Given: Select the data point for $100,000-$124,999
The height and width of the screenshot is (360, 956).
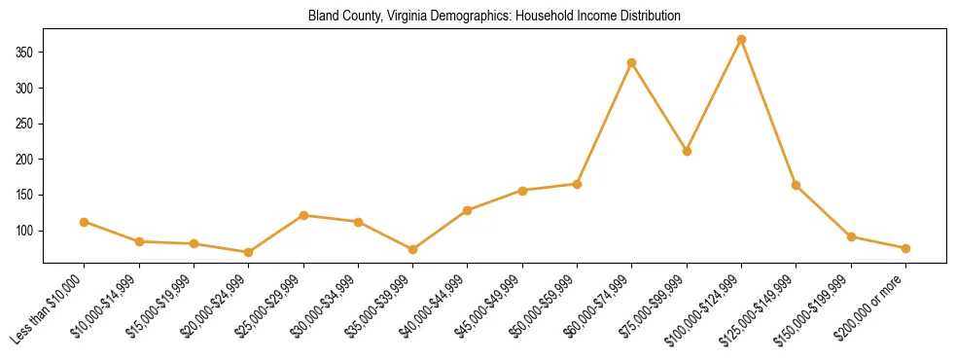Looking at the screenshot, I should (x=741, y=40).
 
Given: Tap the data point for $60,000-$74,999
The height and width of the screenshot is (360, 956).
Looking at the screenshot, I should (x=632, y=62).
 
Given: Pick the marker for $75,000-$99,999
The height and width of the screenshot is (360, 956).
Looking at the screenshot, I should (x=687, y=151).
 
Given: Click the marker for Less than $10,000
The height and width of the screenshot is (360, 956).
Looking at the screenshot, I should (x=85, y=222).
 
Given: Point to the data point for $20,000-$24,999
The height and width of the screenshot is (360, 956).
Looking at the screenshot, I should (x=249, y=252).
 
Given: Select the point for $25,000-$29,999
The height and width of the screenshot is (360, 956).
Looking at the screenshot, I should (x=303, y=215).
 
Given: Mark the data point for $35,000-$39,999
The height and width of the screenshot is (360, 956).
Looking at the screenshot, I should (x=413, y=249).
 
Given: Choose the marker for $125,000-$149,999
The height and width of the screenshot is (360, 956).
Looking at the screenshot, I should (x=796, y=185).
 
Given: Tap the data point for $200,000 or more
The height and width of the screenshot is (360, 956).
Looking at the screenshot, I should (x=905, y=248).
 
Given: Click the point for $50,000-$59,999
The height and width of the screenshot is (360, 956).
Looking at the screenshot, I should (x=577, y=184).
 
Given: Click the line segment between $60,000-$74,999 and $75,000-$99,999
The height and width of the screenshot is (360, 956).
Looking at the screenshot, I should (x=659, y=107).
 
